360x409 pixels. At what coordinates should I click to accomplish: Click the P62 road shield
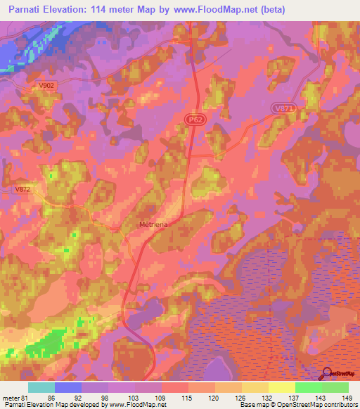(x=196, y=121)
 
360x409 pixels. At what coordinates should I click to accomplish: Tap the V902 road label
(x=47, y=86)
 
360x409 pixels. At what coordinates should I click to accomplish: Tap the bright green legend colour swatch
(x=308, y=387)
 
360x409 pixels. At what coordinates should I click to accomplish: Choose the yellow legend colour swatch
(x=281, y=387)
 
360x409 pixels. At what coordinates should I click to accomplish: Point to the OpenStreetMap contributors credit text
(x=319, y=405)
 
